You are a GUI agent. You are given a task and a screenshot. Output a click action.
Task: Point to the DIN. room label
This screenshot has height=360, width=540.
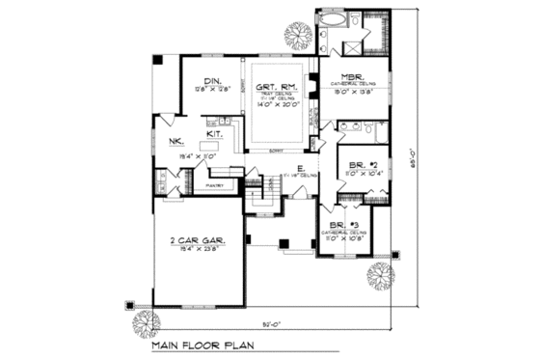(211, 81)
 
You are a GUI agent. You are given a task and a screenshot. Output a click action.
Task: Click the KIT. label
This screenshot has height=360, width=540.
(214, 135)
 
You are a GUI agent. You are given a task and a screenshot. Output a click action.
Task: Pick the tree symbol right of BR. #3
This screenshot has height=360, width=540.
(381, 275)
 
